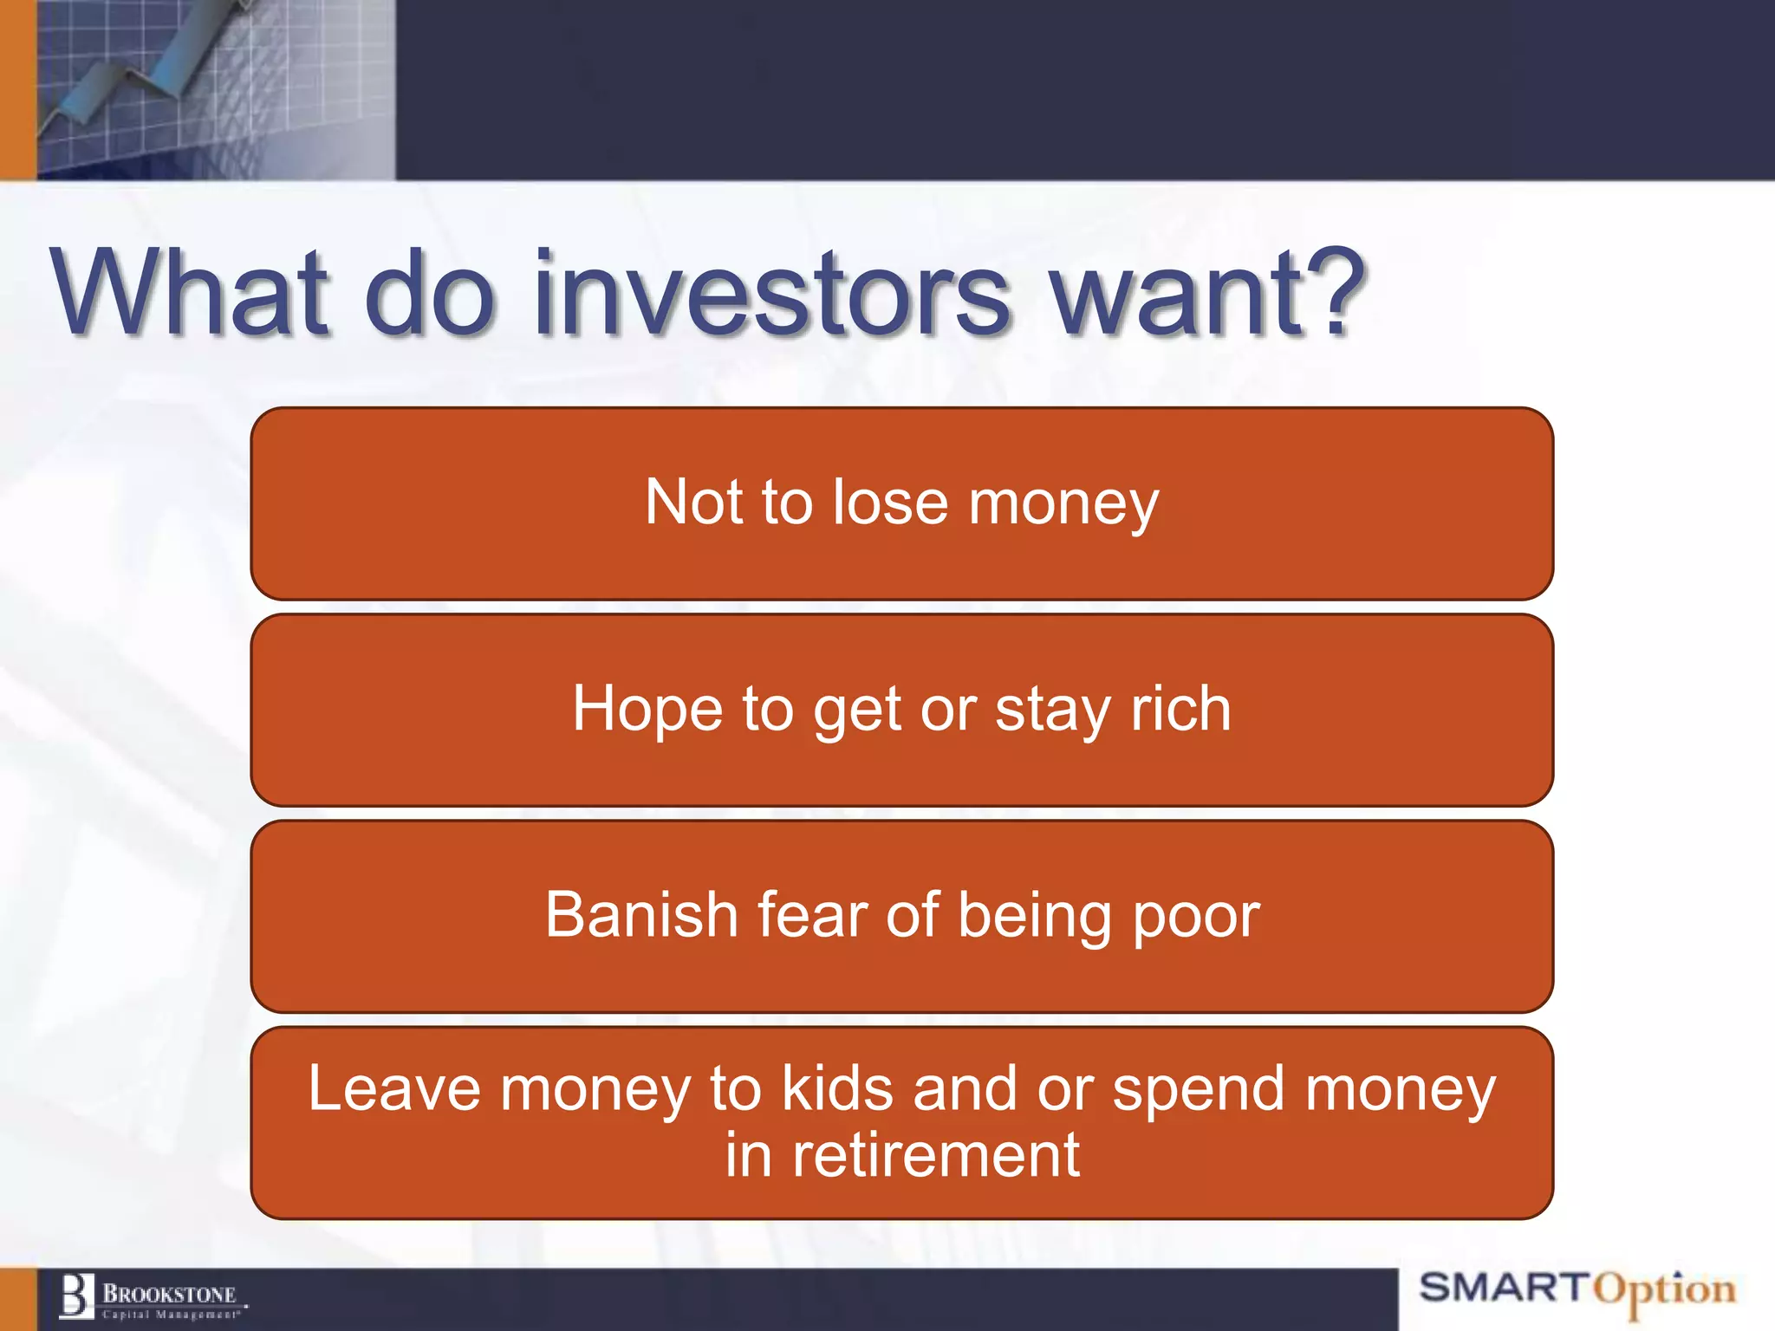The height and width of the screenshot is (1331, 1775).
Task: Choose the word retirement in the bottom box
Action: pos(936,1156)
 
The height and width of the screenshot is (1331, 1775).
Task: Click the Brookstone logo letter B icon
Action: pos(76,1296)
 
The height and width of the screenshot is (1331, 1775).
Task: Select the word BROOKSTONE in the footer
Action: pos(170,1295)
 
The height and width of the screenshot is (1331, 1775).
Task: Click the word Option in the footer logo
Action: pos(1665,1291)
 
